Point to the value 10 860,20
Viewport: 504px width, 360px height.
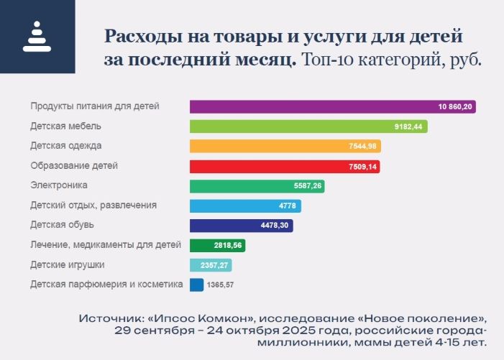(x=456, y=106)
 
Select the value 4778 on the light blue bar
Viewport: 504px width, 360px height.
(x=288, y=206)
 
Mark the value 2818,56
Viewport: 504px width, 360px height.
(x=214, y=246)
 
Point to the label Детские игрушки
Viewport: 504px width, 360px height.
(x=68, y=264)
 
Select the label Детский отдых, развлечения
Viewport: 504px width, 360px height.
(x=93, y=206)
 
